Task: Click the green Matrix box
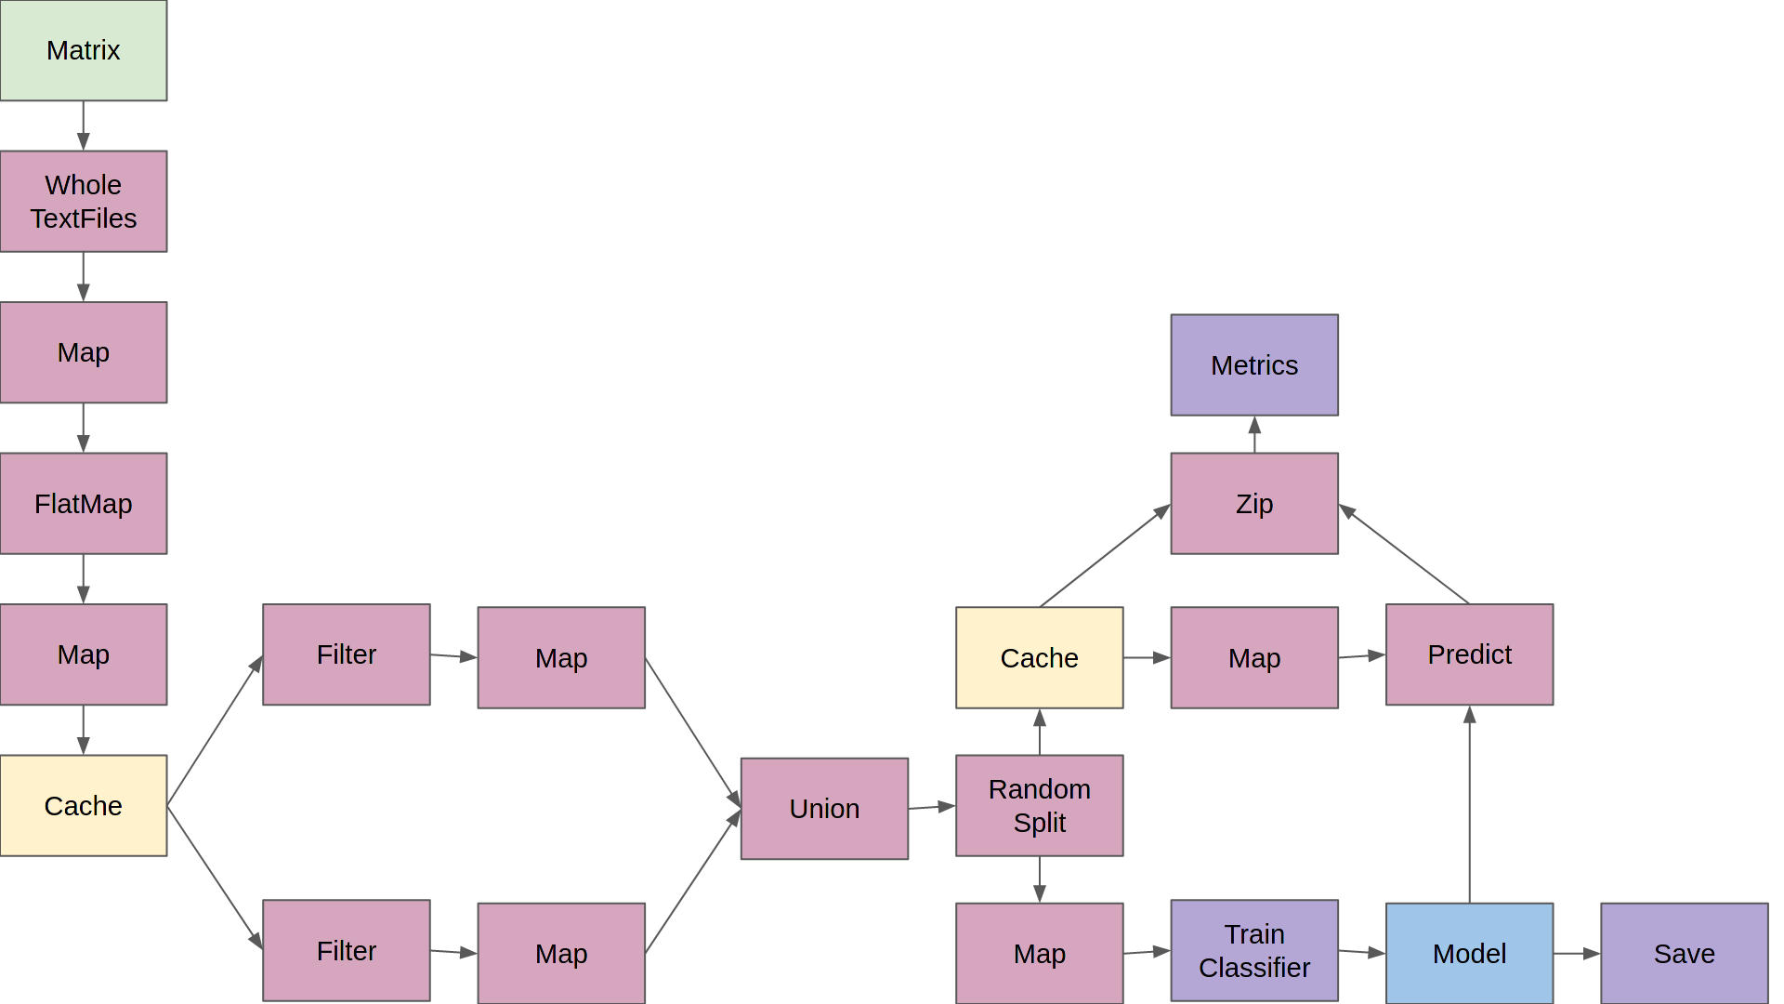pos(84,50)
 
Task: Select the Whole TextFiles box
pos(84,201)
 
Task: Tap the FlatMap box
pos(84,503)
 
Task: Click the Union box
pos(824,808)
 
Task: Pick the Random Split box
pos(1039,805)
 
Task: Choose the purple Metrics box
pos(1253,364)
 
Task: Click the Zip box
pos(1253,503)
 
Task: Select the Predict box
pos(1469,654)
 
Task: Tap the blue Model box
pos(1469,953)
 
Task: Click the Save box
pos(1684,953)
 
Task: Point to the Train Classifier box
pos(1253,950)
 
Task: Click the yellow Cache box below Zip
pos(1039,657)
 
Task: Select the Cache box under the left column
pos(84,805)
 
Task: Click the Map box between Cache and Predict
pos(1253,657)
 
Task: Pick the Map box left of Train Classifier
pos(1039,953)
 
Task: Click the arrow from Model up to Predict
pos(1469,804)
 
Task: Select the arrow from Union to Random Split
pos(931,807)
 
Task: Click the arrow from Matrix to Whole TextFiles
pos(84,125)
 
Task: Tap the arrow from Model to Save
pos(1576,953)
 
